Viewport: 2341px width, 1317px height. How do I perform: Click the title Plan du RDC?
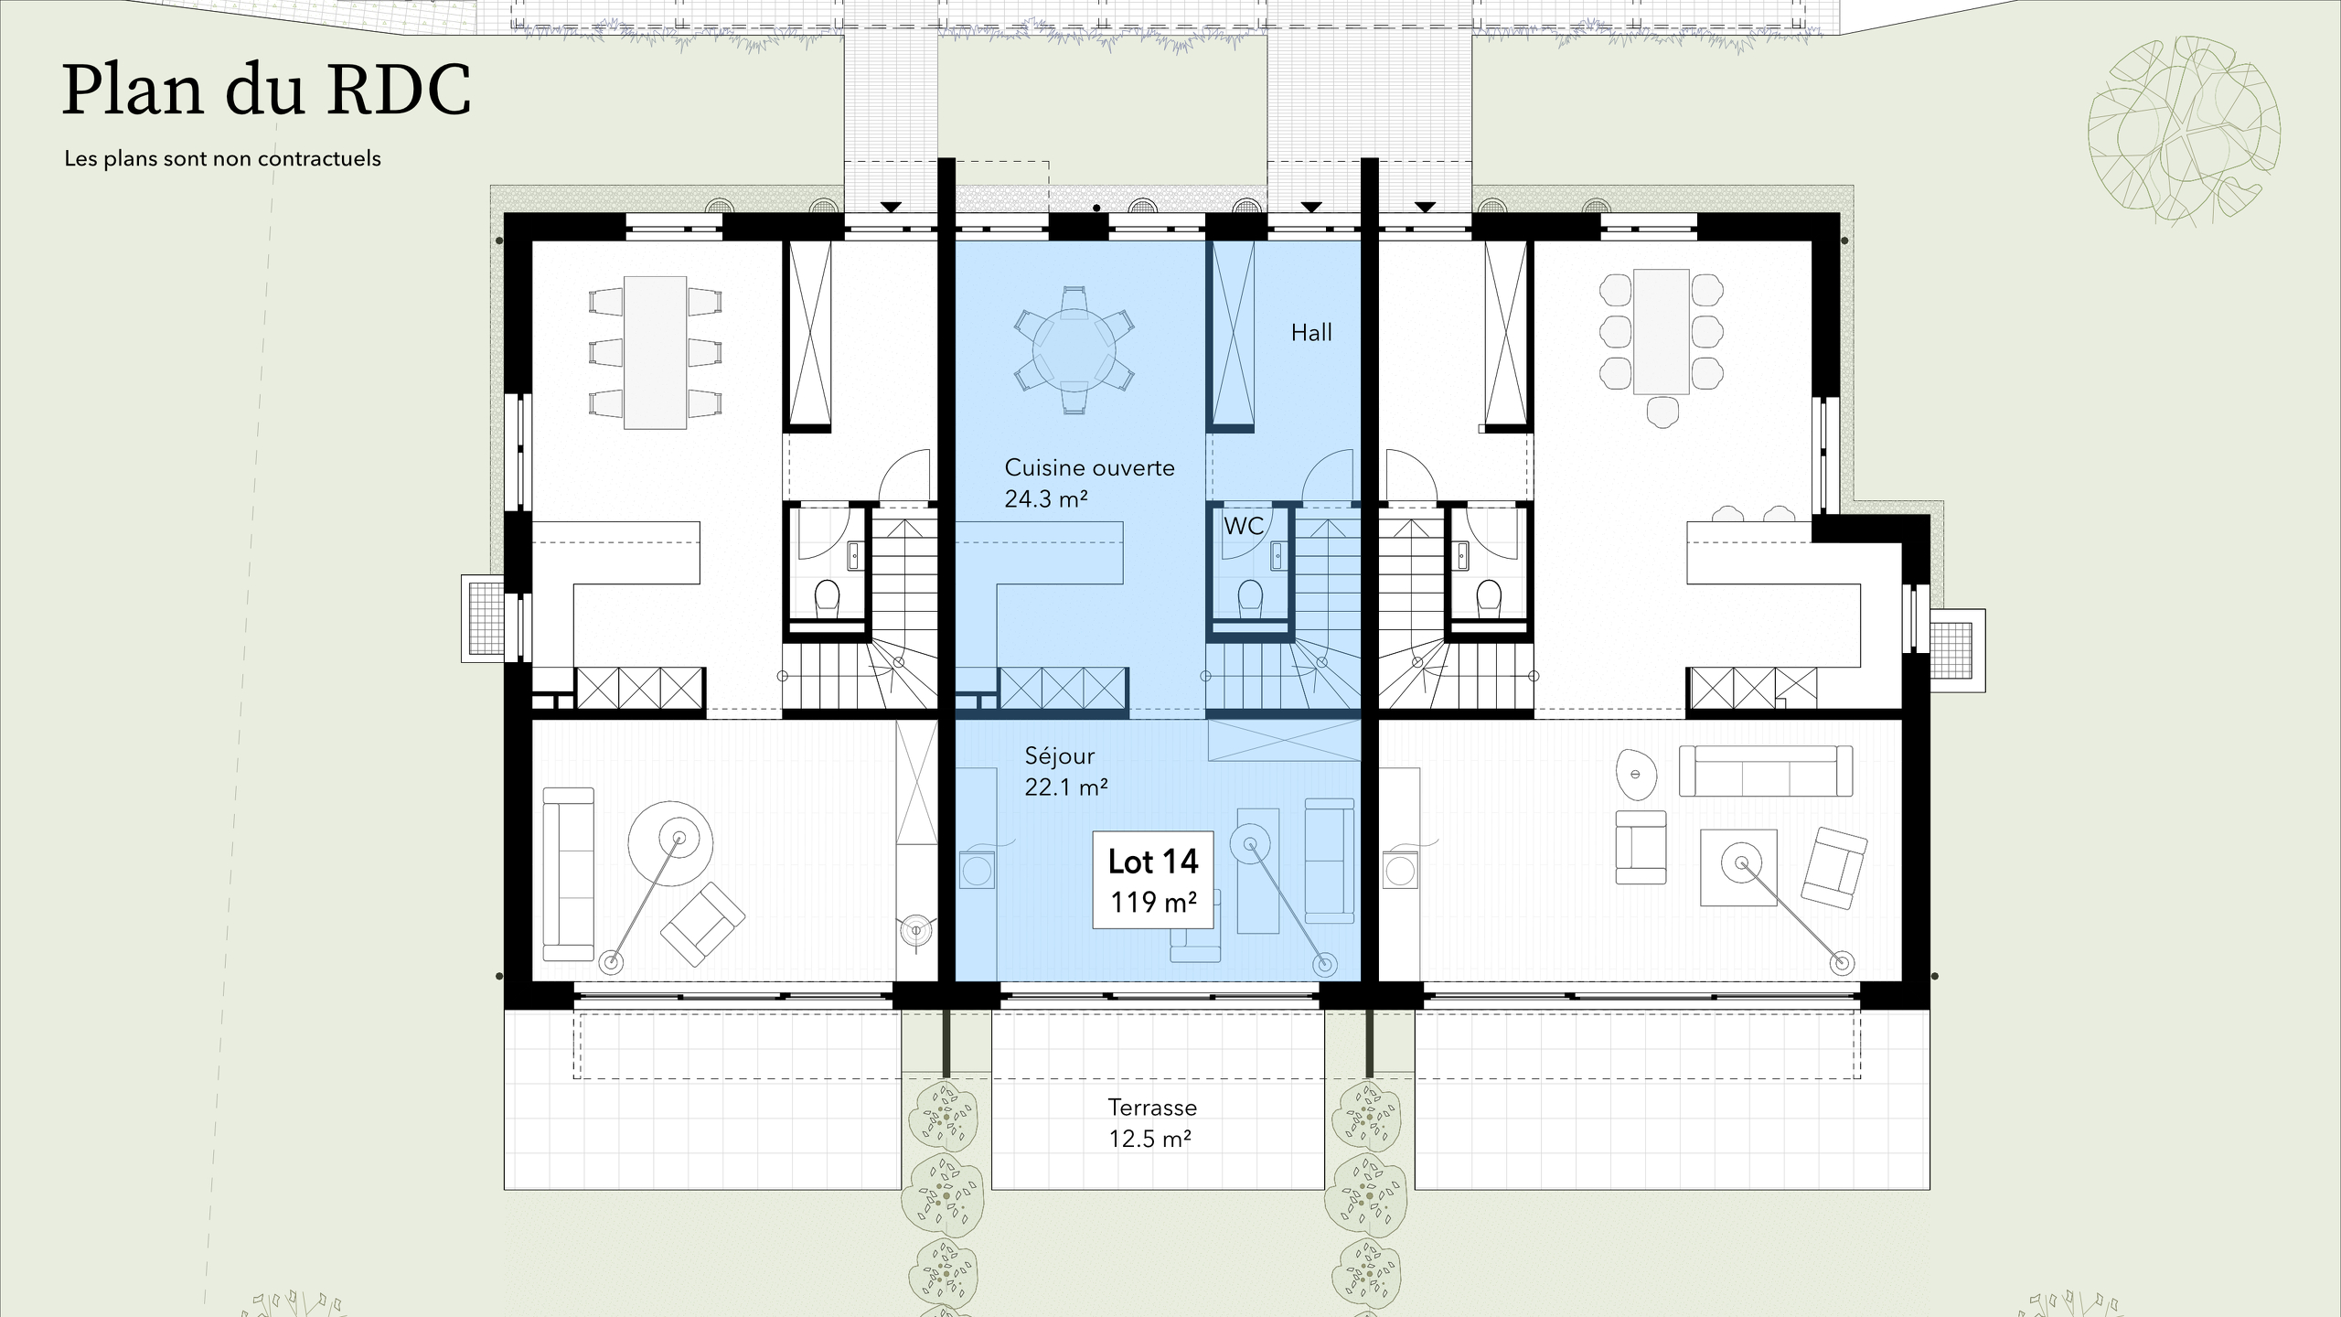click(266, 90)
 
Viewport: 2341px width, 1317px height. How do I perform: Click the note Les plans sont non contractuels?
click(222, 159)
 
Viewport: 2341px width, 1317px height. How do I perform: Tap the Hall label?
click(1310, 333)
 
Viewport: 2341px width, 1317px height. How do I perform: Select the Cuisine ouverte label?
click(1089, 468)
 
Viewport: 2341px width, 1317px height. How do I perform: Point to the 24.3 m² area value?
click(1045, 499)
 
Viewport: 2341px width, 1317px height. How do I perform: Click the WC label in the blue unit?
click(1243, 527)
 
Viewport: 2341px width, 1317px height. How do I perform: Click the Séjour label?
click(1059, 755)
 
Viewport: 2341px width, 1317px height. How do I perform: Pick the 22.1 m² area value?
click(1065, 787)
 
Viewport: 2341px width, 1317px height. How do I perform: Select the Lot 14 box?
click(1152, 880)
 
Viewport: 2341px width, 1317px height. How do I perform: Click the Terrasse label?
click(1152, 1108)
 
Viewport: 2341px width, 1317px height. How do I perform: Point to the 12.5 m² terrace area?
click(1149, 1139)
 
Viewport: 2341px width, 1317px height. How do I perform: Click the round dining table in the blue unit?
click(1074, 349)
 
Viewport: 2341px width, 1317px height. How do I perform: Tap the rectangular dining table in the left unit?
click(655, 352)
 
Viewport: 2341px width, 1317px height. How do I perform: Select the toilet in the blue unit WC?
click(1249, 598)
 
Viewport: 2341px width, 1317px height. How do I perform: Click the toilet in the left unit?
click(827, 597)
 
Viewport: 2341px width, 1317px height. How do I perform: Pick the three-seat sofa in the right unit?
click(1765, 771)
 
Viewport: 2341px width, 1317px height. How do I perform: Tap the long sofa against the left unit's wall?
click(568, 873)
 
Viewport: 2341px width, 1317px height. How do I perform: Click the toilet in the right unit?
click(1488, 597)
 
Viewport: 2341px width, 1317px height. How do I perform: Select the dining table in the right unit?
click(1661, 331)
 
